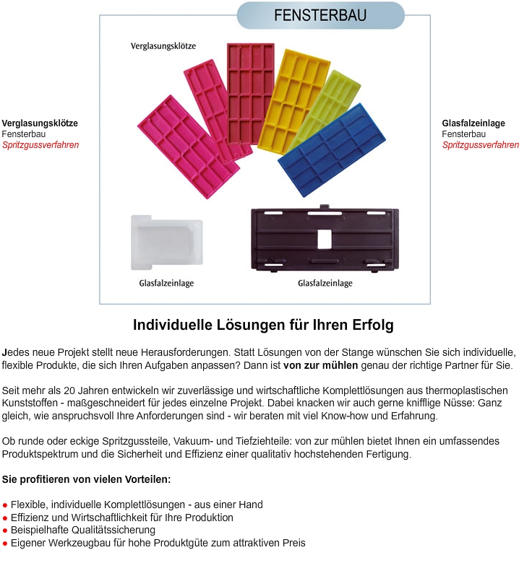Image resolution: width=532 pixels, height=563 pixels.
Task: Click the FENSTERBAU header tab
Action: [x=320, y=15]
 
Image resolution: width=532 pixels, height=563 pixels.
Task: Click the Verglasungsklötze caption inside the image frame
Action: [x=163, y=45]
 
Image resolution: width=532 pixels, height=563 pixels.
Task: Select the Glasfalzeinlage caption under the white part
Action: [x=166, y=283]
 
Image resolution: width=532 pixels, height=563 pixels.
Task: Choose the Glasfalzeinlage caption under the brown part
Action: [x=325, y=283]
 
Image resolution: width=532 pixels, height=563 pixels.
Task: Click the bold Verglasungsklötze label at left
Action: [x=40, y=123]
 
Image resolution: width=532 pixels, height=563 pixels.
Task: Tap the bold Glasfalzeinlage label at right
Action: [x=473, y=123]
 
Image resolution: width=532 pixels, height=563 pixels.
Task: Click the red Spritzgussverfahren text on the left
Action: [x=40, y=145]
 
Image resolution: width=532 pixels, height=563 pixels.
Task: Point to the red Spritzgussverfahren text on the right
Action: [x=481, y=145]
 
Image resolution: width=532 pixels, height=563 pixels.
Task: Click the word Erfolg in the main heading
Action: [x=371, y=326]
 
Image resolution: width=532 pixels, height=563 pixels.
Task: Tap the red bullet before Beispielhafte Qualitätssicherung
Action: [x=5, y=531]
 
